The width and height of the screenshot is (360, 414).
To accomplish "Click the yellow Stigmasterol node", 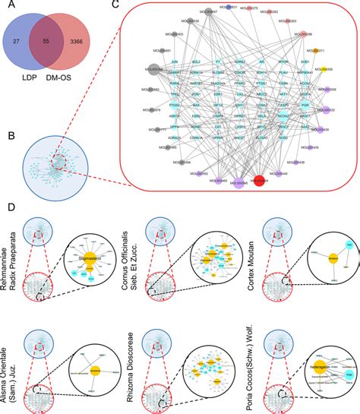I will click(90, 259).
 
